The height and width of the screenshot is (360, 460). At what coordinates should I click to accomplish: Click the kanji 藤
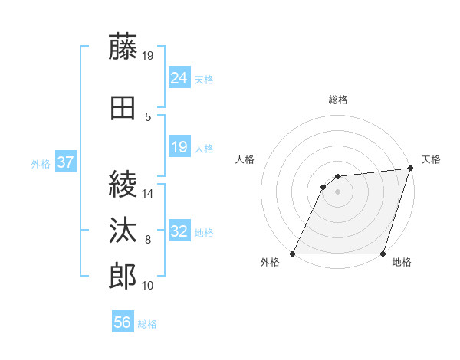point(123,48)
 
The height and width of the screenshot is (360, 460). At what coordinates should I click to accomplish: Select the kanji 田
point(123,107)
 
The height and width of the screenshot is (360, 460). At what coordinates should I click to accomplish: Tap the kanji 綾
point(123,185)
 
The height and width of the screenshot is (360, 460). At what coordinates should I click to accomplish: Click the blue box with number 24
point(179,78)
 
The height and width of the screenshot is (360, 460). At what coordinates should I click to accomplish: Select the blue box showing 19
point(179,147)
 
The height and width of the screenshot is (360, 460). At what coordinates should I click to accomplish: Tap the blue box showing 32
point(179,231)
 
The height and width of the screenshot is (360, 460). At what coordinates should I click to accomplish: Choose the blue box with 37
point(65,162)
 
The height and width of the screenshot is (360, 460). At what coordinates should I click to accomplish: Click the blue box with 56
point(123,322)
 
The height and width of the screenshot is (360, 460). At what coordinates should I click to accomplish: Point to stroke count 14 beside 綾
point(148,194)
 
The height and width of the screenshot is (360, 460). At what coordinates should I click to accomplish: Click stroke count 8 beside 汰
point(148,241)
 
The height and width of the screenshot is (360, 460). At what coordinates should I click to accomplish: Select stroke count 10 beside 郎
point(148,286)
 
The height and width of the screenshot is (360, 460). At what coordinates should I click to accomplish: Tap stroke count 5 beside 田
point(148,116)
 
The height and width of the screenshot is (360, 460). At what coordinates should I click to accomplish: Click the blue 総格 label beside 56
point(147,324)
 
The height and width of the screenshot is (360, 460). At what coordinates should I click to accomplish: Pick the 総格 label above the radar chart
point(337,100)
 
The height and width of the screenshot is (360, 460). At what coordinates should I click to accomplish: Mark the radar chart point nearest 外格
point(293,253)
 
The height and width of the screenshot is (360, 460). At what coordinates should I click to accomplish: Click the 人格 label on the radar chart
point(245,159)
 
